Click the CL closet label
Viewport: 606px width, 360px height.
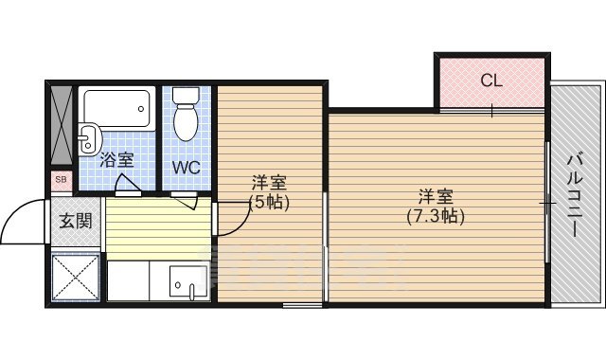coord(490,81)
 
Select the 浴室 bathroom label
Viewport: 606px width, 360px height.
coord(117,159)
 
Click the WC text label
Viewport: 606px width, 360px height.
coord(187,168)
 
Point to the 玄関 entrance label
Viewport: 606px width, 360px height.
coord(76,221)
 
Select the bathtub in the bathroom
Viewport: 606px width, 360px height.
coord(117,108)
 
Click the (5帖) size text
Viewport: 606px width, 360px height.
coord(269,201)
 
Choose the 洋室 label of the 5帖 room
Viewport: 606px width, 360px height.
coord(269,182)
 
